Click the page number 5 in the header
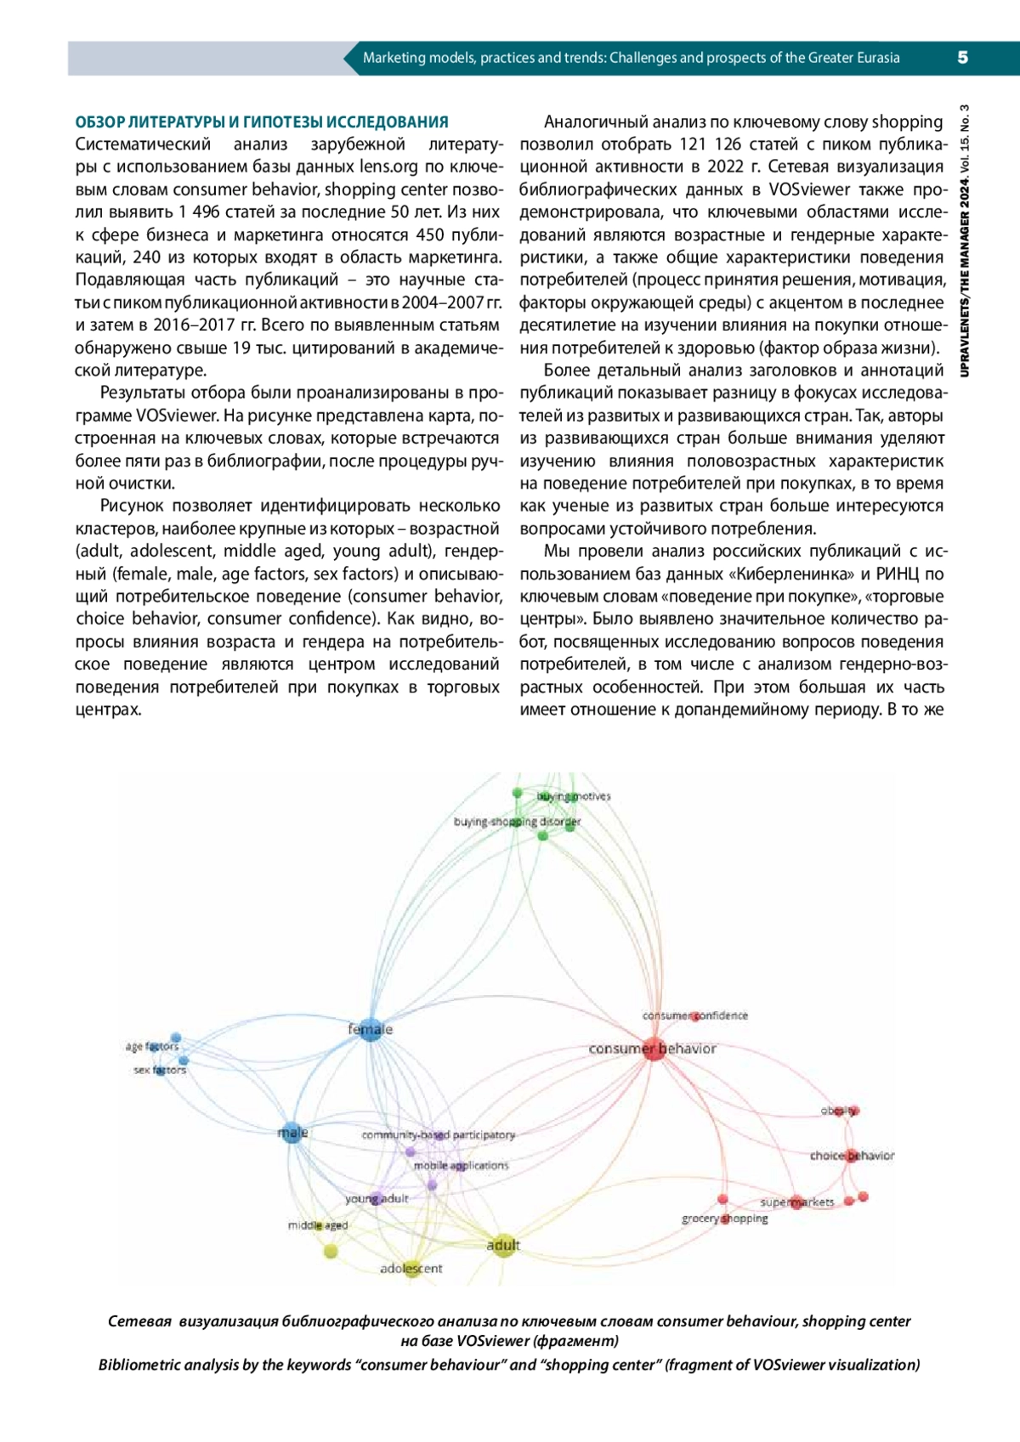click(x=962, y=58)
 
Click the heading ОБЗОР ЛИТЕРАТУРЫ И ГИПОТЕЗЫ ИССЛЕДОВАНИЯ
click(x=262, y=122)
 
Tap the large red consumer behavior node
click(x=652, y=1049)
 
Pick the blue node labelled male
click(x=292, y=1133)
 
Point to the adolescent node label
click(x=411, y=1269)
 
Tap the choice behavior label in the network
click(x=852, y=1156)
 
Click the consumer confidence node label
click(x=695, y=1015)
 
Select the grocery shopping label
click(x=724, y=1219)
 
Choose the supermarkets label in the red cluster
click(x=797, y=1202)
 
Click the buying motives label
click(x=574, y=796)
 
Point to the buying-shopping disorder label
click(x=517, y=822)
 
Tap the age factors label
click(x=152, y=1047)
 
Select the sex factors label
click(x=160, y=1070)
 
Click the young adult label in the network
click(x=377, y=1199)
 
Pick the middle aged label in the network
click(x=318, y=1225)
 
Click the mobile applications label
click(x=461, y=1166)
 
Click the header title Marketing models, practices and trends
click(x=631, y=58)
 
